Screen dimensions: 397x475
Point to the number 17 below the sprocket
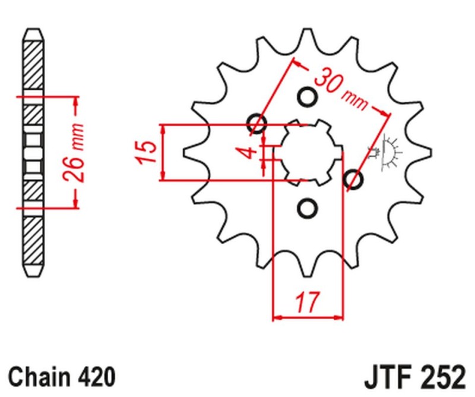307,302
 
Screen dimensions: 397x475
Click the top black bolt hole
307,96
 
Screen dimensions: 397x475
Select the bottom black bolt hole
307,207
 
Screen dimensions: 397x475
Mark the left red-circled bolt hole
258,124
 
